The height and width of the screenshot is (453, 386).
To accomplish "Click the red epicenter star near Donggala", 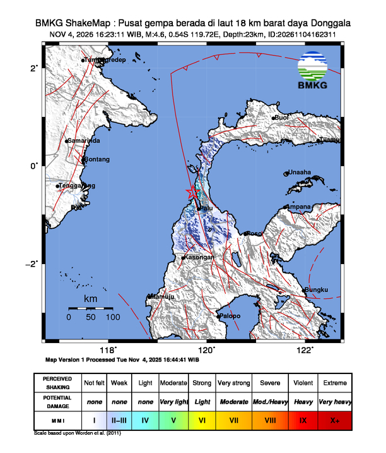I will pyautogui.click(x=193, y=191).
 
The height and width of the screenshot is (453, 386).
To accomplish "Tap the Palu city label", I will pyautogui.click(x=207, y=208).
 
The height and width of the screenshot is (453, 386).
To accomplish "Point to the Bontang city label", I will pyautogui.click(x=97, y=159).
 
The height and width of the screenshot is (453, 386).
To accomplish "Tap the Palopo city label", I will pyautogui.click(x=231, y=315).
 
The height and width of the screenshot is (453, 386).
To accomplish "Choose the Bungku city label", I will pyautogui.click(x=317, y=290).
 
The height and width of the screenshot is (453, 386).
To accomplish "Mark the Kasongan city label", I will pyautogui.click(x=200, y=257).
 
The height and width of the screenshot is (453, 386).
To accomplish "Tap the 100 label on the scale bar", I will pyautogui.click(x=112, y=318).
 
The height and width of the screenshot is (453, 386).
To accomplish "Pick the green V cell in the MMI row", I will pyautogui.click(x=173, y=420).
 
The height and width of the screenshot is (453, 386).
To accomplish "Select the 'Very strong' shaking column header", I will pyautogui.click(x=234, y=383).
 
